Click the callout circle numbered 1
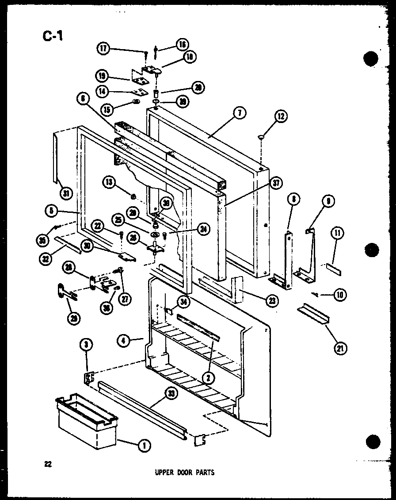(143, 447)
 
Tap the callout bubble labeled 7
(238, 113)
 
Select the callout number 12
(281, 116)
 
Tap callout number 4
(123, 341)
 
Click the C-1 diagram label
(53, 35)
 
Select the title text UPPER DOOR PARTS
(184, 473)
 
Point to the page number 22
(47, 464)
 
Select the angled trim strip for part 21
(314, 315)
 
